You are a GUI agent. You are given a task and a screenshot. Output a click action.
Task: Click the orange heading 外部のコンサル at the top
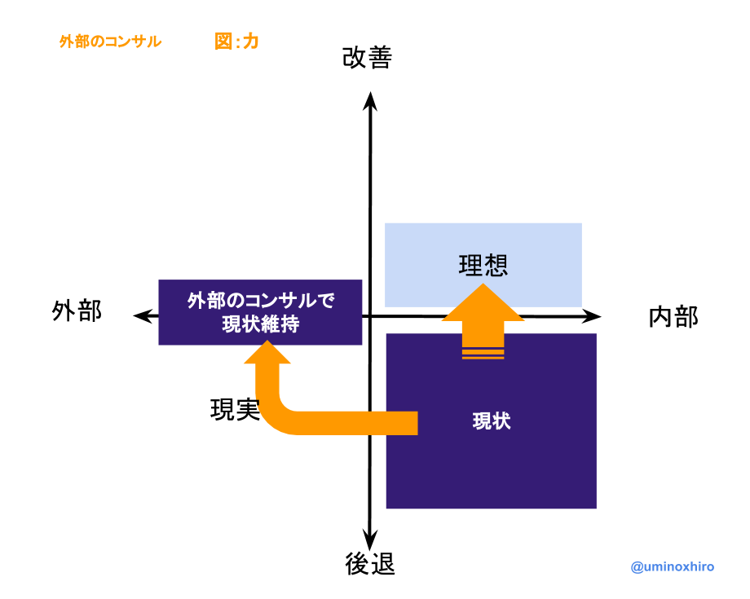[x=110, y=42]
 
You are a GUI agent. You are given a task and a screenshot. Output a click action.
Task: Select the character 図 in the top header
[x=223, y=42]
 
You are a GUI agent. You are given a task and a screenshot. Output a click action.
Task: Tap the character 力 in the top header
[x=251, y=42]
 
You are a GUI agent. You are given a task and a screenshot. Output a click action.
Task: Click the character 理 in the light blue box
[x=471, y=266]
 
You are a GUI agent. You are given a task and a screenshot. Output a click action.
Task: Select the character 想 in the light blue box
[x=496, y=266]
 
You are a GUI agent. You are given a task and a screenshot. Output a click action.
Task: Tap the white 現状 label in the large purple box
[x=492, y=421]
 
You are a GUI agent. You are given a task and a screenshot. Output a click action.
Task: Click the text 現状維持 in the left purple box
[x=261, y=324]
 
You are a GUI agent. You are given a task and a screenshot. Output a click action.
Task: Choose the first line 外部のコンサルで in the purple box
[x=261, y=301]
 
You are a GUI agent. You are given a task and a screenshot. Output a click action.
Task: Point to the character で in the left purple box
[x=326, y=301]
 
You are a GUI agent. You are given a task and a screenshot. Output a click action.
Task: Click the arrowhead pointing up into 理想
[x=483, y=304]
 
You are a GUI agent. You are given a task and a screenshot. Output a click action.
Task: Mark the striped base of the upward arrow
[x=483, y=353]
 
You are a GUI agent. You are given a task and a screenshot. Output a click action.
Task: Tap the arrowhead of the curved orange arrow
[x=267, y=353]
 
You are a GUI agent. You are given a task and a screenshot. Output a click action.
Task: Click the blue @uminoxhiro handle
[x=672, y=566]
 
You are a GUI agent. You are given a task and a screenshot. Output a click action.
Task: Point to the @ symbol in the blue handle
[x=637, y=566]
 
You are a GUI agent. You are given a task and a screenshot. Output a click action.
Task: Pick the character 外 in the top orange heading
[x=66, y=42]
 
